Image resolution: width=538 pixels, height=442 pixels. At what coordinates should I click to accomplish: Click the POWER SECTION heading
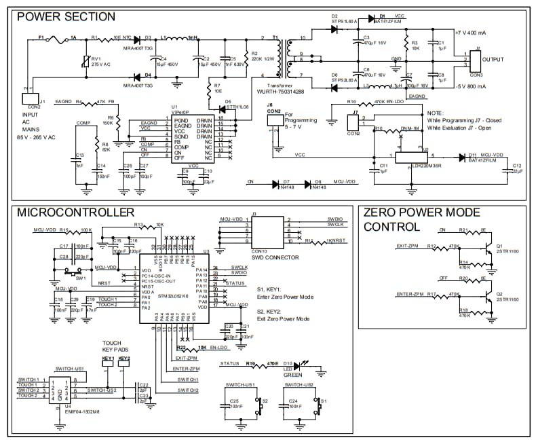[x=66, y=16]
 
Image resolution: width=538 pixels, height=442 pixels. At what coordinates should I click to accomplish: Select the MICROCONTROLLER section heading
[x=75, y=213]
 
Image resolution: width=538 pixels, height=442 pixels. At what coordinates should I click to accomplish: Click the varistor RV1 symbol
[x=86, y=63]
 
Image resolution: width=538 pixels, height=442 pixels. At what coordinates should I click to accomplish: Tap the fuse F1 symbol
[x=54, y=39]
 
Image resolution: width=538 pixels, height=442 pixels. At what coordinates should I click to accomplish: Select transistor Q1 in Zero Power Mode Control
[x=488, y=249]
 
